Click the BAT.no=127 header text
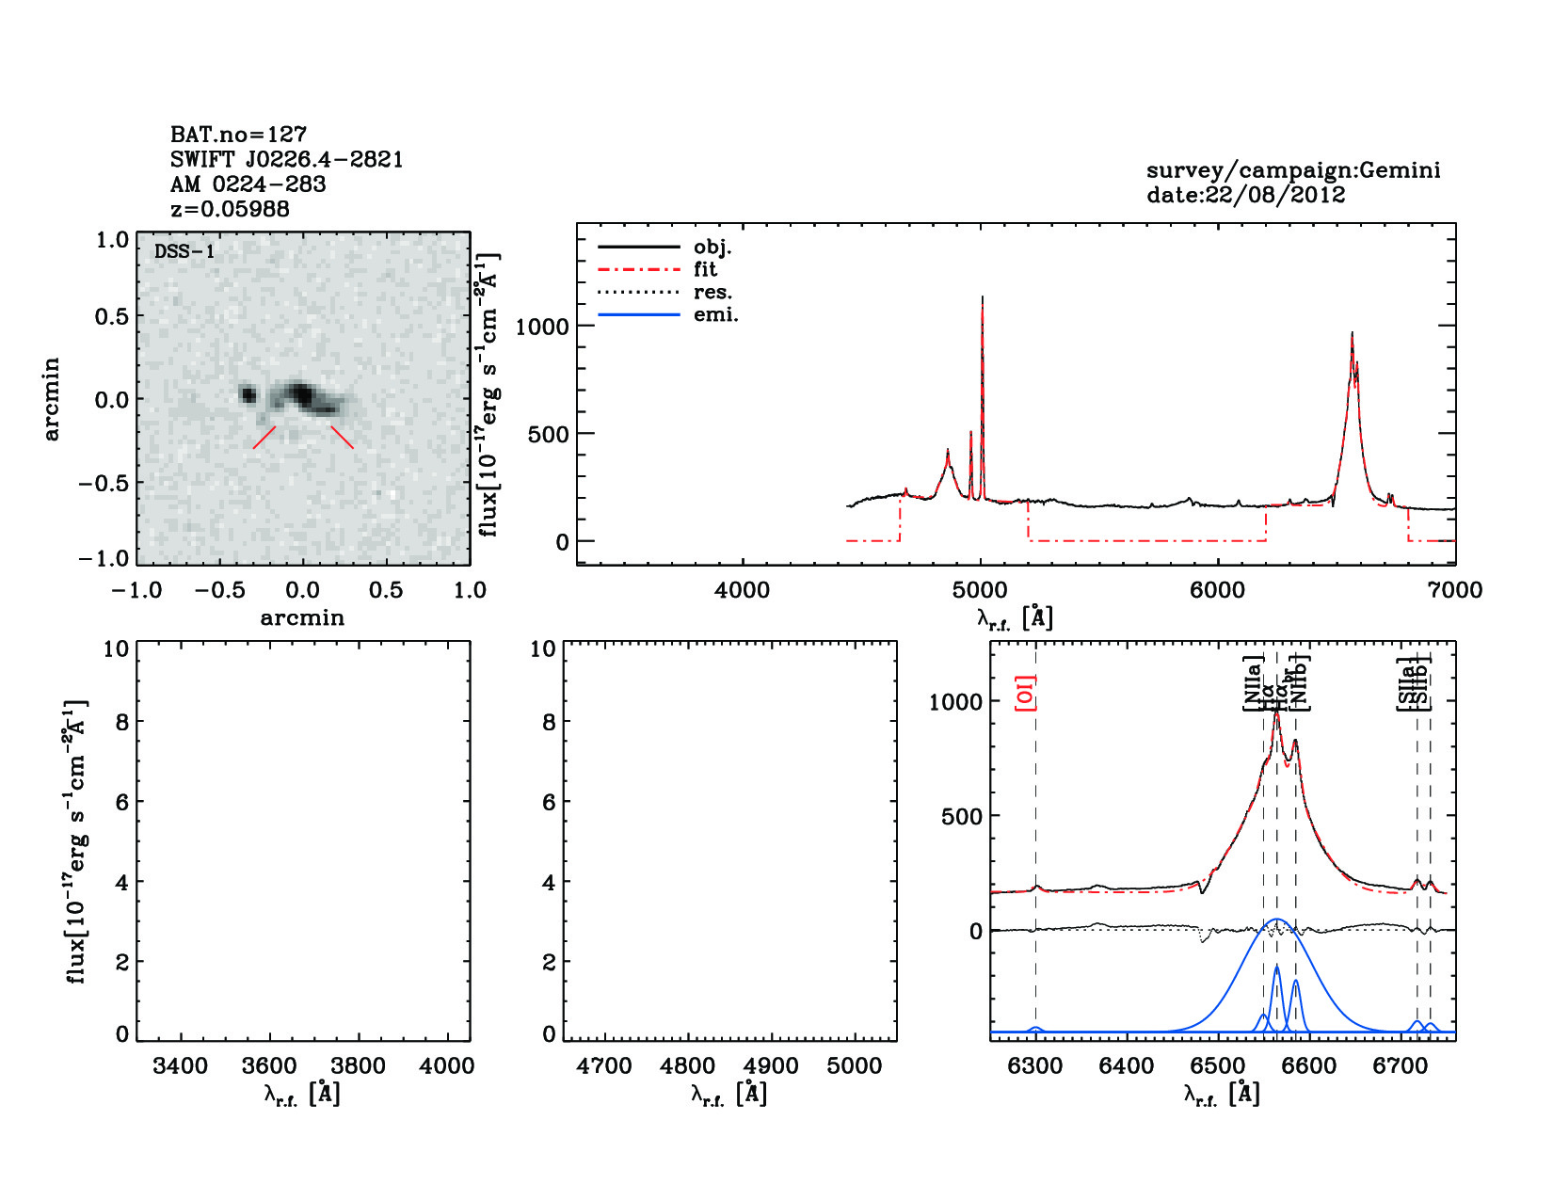pos(238,134)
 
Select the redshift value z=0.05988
pos(230,209)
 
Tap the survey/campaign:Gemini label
pos(1292,170)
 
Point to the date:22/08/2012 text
pos(1245,195)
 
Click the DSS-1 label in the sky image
pos(184,251)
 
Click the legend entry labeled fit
pos(705,269)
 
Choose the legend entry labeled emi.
pos(715,314)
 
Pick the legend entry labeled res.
pos(712,292)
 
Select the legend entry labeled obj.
pos(712,247)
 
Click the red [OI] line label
pos(1025,693)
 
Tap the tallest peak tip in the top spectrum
pos(982,297)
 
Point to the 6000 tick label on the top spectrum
pos(1218,590)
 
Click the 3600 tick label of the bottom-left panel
pos(270,1065)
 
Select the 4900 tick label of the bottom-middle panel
pos(772,1065)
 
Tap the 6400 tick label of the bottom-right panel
pos(1127,1065)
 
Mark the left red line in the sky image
pos(264,438)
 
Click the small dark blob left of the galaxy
pos(248,394)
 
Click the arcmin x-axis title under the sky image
pos(302,617)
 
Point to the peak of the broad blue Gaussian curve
pos(1276,920)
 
